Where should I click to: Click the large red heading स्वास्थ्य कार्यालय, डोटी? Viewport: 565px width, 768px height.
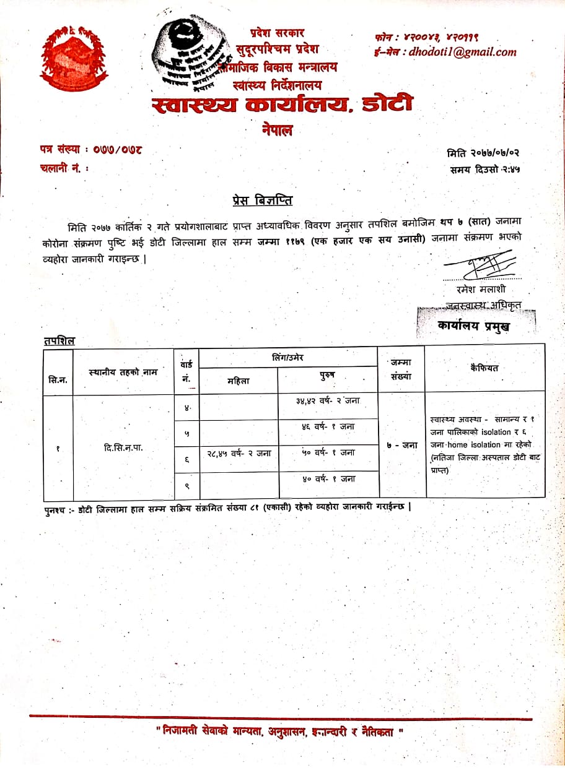pyautogui.click(x=282, y=105)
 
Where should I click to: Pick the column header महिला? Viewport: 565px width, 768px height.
pyautogui.click(x=239, y=381)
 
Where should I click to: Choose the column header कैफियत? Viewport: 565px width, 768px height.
pyautogui.click(x=484, y=368)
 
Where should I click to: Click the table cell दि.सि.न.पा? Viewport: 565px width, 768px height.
pyautogui.click(x=124, y=447)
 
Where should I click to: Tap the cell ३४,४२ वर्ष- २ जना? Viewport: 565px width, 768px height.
pyautogui.click(x=328, y=400)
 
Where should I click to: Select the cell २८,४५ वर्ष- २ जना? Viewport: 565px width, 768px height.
pyautogui.click(x=239, y=453)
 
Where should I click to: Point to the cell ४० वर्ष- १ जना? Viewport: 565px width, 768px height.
pyautogui.click(x=328, y=478)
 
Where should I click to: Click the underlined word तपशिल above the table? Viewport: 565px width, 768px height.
pyautogui.click(x=59, y=340)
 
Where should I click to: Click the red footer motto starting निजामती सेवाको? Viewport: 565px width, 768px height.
pyautogui.click(x=280, y=731)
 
